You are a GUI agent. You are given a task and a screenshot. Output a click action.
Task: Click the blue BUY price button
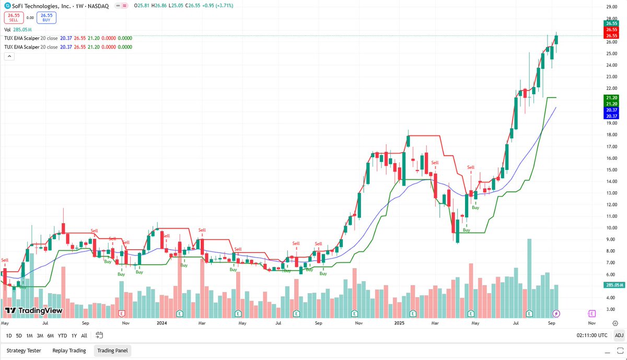click(47, 17)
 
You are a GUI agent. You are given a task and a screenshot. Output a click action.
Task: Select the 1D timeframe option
click(8, 335)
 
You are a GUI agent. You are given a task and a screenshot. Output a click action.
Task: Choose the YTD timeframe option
click(62, 335)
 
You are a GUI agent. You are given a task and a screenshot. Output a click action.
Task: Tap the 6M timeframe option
click(50, 335)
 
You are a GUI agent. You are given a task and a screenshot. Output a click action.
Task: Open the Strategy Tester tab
click(24, 351)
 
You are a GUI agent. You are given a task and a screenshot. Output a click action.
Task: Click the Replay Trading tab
click(69, 351)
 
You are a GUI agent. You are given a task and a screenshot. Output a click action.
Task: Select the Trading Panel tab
click(113, 351)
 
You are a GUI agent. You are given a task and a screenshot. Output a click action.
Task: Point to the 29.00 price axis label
click(611, 7)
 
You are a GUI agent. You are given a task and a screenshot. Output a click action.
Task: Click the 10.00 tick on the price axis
click(611, 228)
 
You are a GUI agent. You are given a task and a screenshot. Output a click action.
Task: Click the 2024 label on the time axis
click(161, 323)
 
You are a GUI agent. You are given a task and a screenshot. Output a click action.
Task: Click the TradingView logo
click(33, 311)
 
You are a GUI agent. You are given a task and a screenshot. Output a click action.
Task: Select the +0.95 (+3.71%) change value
click(216, 5)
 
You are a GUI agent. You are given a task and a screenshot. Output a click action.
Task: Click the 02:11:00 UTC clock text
click(591, 335)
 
